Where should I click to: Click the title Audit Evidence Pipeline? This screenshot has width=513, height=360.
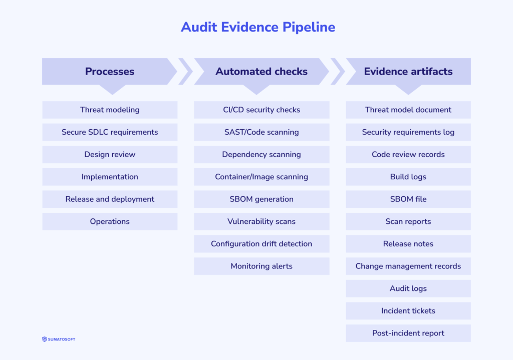pos(258,27)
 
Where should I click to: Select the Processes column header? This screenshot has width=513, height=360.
pos(110,72)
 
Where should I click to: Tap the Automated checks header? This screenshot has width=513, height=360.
pos(262,72)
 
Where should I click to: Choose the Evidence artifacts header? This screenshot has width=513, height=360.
pos(408,72)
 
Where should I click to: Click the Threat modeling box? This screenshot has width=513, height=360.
pos(110,110)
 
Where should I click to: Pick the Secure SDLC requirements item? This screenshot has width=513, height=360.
pos(110,132)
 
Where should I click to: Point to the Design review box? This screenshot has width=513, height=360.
pos(110,155)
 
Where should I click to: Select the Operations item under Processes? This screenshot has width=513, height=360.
pos(110,221)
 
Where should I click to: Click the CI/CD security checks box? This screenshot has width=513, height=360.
pos(262,110)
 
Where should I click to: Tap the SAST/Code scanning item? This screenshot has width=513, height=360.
pos(262,132)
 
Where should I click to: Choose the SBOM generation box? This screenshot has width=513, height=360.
pos(262,199)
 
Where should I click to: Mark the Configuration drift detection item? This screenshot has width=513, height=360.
pos(262,244)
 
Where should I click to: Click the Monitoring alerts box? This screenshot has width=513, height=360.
pos(262,266)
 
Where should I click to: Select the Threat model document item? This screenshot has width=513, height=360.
pos(408,110)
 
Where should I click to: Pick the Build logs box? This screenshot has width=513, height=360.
pos(408,177)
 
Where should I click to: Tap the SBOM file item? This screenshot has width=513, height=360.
pos(408,199)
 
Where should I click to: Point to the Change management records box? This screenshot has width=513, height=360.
pos(408,266)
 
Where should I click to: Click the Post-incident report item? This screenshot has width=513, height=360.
pos(408,333)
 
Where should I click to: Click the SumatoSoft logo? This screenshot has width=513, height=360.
pos(59,339)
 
